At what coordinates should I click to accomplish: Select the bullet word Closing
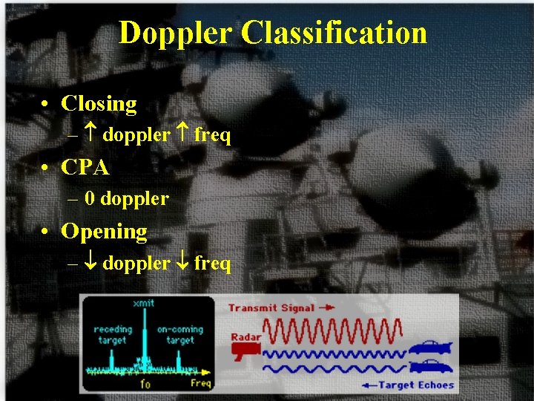click(x=99, y=104)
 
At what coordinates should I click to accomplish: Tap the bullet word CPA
click(x=85, y=168)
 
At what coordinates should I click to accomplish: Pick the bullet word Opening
click(x=104, y=232)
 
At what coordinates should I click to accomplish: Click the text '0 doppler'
click(x=127, y=199)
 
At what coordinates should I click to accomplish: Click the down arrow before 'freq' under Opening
click(x=184, y=263)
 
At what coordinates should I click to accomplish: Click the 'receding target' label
click(x=113, y=334)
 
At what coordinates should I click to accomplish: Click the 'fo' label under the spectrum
click(x=146, y=383)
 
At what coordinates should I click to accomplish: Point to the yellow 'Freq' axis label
click(x=200, y=383)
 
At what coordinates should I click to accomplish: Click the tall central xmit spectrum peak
click(x=144, y=342)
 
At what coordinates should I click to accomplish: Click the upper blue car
click(x=427, y=348)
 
